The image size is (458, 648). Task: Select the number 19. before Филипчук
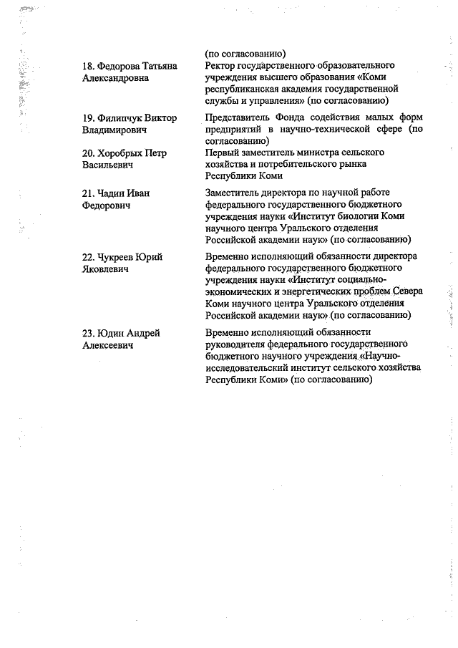(x=89, y=118)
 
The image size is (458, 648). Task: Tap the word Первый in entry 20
(x=223, y=153)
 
